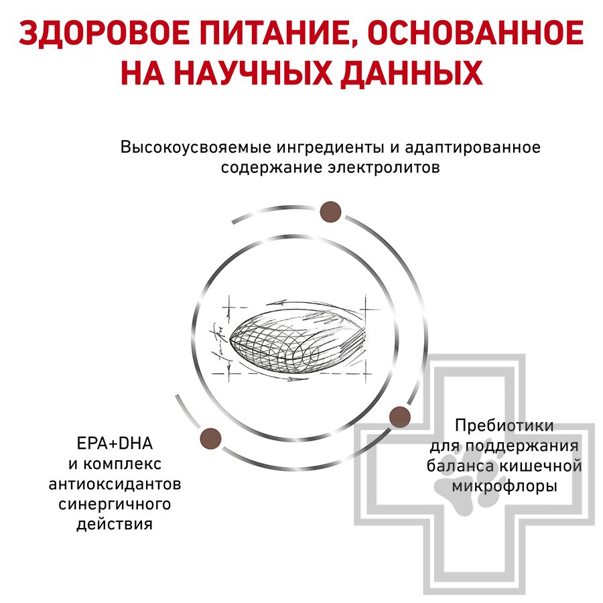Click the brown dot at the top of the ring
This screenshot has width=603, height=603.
pos(330,212)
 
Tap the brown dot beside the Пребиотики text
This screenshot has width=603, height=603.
pos(399,416)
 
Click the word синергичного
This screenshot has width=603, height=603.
pos(115,504)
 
